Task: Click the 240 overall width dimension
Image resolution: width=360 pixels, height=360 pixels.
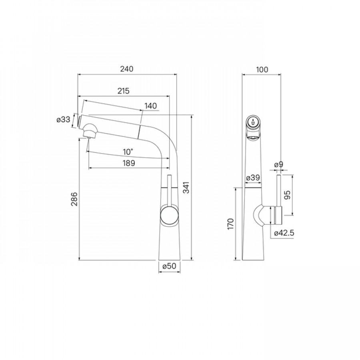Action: point(127,69)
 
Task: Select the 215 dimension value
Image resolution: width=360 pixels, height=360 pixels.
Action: point(124,91)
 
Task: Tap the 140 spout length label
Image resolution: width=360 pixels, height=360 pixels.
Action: point(151,106)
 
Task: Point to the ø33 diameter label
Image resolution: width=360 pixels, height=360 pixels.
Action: point(63,119)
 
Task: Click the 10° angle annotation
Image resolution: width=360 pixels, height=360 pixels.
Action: point(128,152)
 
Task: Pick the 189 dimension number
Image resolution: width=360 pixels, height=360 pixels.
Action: point(129,163)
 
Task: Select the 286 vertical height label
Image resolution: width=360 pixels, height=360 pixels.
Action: point(74,199)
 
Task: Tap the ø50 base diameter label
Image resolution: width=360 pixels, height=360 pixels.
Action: point(169,266)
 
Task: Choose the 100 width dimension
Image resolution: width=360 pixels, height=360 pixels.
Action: point(262,70)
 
